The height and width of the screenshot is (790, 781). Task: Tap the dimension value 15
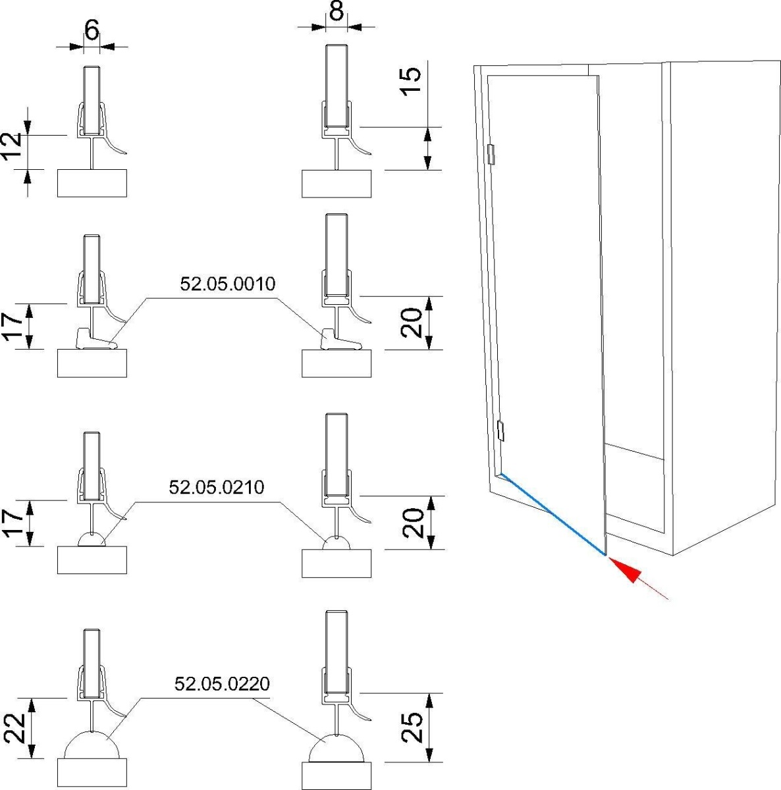pos(410,81)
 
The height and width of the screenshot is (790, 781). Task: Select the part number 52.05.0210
pos(217,488)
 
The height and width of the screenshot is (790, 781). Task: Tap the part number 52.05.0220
pos(222,684)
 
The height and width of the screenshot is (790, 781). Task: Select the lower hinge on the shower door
pos(500,431)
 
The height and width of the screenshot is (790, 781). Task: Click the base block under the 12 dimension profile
pos(92,182)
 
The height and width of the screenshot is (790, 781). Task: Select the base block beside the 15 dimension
pos(337,183)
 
